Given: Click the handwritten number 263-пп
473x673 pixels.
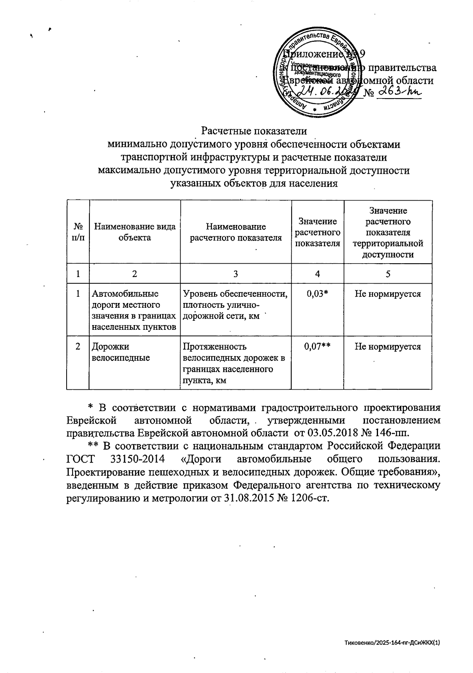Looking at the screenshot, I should point(399,93).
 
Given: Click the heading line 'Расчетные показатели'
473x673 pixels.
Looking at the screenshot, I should point(254,131).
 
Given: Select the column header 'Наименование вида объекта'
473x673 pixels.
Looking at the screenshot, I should point(135,232).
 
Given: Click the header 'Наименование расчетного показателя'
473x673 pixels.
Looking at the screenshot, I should point(236,232).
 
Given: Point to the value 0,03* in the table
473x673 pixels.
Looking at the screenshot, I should point(317,294).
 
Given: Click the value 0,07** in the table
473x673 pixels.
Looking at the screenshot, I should point(317,346).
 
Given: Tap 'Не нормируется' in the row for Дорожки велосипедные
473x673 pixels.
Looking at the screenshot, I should point(388,346).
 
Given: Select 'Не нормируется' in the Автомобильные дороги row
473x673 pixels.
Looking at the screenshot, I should point(388,294).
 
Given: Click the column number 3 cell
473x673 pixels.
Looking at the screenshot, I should point(236,274).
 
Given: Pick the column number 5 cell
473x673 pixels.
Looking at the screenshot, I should point(388,274).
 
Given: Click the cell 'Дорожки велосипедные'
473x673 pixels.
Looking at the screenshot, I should point(121,352).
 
